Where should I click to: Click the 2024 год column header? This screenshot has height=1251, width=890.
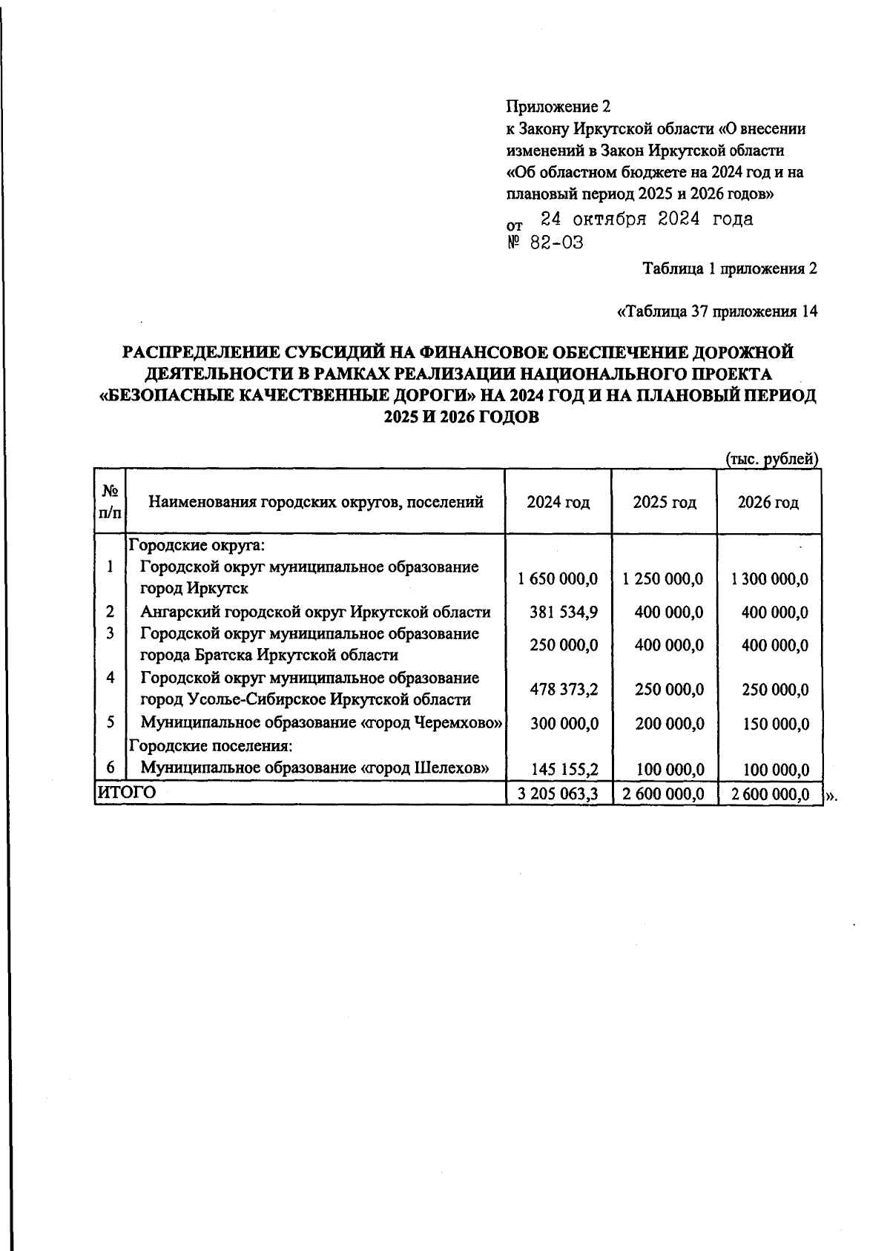(x=558, y=503)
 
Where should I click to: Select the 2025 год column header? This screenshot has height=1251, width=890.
(x=665, y=503)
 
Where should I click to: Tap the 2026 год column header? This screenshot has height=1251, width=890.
(x=768, y=503)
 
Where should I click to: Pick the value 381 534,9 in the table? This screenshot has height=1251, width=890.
(x=564, y=613)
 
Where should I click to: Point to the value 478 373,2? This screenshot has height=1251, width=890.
(x=564, y=690)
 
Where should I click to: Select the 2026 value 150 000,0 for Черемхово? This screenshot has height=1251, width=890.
(x=775, y=724)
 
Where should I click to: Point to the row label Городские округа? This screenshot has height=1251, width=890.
(x=197, y=546)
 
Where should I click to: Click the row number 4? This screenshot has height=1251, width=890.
(x=110, y=678)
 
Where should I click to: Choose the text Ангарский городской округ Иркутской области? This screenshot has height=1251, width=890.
(x=315, y=613)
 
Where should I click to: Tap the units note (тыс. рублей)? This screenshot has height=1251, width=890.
(x=771, y=459)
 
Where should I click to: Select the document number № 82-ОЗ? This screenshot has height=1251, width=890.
(x=545, y=243)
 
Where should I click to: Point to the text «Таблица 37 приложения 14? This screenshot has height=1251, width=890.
(x=716, y=312)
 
